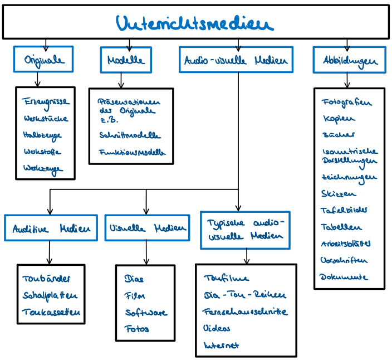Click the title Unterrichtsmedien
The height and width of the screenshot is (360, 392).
[x=195, y=23]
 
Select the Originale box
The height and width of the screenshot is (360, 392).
[x=44, y=60]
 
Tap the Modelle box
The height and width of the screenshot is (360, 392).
[x=126, y=60]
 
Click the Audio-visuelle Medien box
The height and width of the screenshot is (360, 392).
[x=236, y=60]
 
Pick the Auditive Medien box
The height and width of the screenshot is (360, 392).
[x=50, y=228]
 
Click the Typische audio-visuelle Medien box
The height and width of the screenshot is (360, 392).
[x=245, y=229]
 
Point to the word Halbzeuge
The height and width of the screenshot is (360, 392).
[x=42, y=135]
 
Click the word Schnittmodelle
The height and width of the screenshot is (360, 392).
[x=129, y=135]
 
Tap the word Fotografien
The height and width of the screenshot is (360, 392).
[x=346, y=103]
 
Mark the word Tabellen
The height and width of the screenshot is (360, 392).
[x=341, y=227]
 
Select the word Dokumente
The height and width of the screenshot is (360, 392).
[x=344, y=276]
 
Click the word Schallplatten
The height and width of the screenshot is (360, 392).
[x=50, y=296]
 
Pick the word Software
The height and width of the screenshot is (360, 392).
[x=145, y=313]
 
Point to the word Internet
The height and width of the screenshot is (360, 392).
[x=222, y=346]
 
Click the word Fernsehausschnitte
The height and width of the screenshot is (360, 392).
[x=245, y=312]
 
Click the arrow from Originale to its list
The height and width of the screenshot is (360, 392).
[x=37, y=80]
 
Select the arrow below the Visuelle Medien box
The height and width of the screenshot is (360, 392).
[x=147, y=252]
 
